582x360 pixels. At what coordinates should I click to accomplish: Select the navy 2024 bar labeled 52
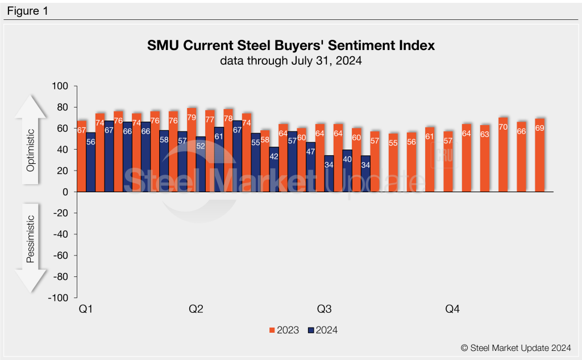(x=201, y=165)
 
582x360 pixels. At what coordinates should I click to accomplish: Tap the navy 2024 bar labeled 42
(x=274, y=171)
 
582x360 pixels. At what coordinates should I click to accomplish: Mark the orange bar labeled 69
(x=539, y=155)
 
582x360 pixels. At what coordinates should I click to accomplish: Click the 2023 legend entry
(x=284, y=330)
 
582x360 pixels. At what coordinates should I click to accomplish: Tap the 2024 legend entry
(x=322, y=330)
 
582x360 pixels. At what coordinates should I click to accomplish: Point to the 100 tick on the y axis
(x=60, y=86)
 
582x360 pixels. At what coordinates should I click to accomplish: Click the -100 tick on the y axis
(x=59, y=297)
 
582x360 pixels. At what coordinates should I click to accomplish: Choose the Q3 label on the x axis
(x=324, y=309)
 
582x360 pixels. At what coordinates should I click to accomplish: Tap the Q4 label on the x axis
(x=452, y=309)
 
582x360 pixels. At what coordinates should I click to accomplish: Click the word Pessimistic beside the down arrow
(x=31, y=239)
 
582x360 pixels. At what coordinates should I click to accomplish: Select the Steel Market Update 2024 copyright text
(x=516, y=347)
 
